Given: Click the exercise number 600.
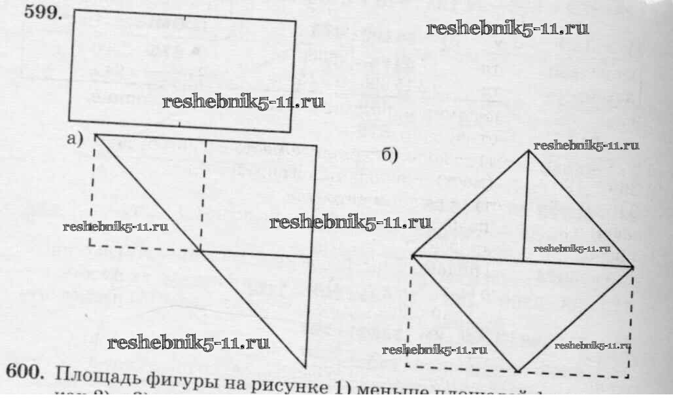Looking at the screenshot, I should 25,371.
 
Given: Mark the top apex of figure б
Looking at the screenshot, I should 530,151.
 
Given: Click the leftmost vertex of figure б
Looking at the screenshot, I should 412,255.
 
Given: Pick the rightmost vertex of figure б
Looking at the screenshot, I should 632,267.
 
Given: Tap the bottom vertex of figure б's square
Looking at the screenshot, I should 517,371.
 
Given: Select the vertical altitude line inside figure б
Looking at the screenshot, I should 526,206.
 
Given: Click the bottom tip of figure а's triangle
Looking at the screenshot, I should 304,366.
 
